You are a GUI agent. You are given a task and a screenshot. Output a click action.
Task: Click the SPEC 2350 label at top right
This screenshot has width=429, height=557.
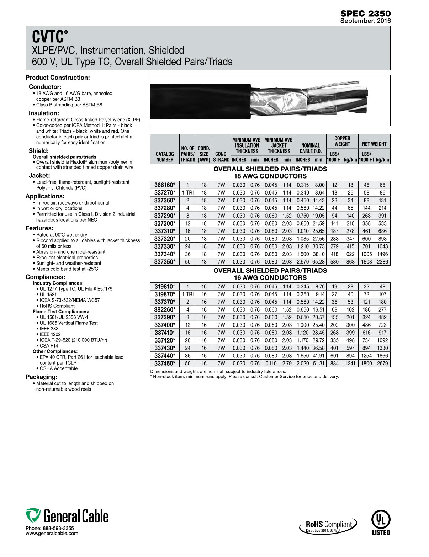tap(365, 14)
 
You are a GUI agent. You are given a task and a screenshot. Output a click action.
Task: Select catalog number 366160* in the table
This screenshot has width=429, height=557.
tap(165, 185)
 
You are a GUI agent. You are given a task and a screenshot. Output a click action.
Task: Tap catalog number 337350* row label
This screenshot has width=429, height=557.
tap(165, 262)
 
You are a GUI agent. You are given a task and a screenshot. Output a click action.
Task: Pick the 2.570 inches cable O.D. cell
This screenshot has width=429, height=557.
tap(303, 262)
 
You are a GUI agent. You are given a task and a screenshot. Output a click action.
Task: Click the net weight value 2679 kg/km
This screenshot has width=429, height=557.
tap(382, 364)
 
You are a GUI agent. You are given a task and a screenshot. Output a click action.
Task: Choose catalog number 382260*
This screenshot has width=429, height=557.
tap(165, 310)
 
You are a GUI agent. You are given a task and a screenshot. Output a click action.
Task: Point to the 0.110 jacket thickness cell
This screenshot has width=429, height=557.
tap(271, 364)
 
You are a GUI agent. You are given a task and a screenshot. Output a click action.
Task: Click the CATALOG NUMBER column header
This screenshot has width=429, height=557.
tap(165, 157)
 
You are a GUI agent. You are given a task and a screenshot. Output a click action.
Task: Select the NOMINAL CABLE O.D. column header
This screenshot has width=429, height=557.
tap(311, 148)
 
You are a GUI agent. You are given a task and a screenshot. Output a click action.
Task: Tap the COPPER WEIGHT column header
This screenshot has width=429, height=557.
tap(342, 141)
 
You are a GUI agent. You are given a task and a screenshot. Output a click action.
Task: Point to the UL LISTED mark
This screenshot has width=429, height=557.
tap(381, 522)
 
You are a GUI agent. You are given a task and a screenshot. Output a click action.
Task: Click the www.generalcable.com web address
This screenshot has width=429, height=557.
tap(52, 533)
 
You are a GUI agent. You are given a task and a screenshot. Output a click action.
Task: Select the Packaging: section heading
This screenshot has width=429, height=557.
tap(41, 377)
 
